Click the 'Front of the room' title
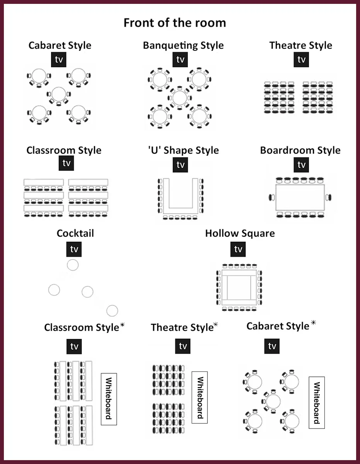(x=175, y=23)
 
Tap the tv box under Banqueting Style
(x=180, y=59)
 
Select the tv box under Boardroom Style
(x=301, y=164)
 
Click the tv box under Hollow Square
(x=238, y=249)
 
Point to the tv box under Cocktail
(x=74, y=249)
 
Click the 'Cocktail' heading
(x=75, y=233)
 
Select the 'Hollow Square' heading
(x=240, y=234)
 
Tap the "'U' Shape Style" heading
(x=183, y=150)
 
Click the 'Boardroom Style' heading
(x=300, y=150)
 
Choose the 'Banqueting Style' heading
(x=183, y=45)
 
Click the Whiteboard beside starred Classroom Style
(x=109, y=399)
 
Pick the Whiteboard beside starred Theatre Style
(x=200, y=397)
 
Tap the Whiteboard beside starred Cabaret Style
(x=317, y=403)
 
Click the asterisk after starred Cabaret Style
(x=313, y=322)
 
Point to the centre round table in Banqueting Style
(x=180, y=98)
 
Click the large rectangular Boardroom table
(x=300, y=197)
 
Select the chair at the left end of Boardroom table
(x=272, y=197)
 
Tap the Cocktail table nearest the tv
(x=73, y=265)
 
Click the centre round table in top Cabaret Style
(x=59, y=94)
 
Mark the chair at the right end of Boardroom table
(x=328, y=197)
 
